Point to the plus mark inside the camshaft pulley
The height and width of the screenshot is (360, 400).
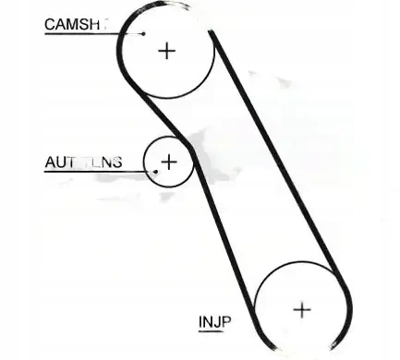(166, 50)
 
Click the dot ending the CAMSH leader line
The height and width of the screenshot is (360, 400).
(143, 33)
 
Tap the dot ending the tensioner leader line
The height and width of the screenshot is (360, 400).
(157, 171)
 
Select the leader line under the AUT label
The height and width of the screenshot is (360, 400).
(92, 171)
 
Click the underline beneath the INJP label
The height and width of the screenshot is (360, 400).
(214, 330)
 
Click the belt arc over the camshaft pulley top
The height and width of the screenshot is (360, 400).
(166, 6)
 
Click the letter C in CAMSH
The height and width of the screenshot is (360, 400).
(49, 25)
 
